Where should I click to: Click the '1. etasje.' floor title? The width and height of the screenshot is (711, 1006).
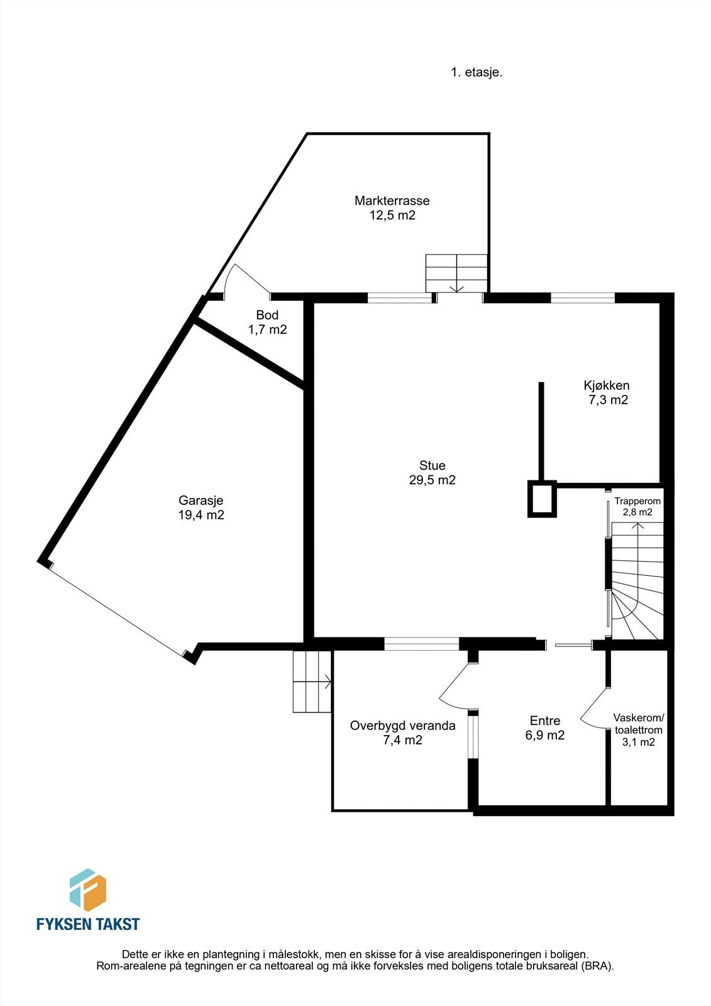(x=476, y=72)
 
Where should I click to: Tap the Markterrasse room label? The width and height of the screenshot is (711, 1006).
(x=392, y=201)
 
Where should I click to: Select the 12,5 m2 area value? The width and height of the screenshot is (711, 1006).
(x=392, y=215)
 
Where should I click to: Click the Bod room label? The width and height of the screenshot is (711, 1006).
(x=267, y=315)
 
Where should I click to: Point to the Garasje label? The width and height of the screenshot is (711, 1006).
(x=201, y=500)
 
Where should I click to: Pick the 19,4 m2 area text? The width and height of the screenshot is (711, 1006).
(x=201, y=515)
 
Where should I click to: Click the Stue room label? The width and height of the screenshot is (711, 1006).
(x=432, y=465)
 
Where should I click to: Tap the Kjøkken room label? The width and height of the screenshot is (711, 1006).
(x=606, y=385)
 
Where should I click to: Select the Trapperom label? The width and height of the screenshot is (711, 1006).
(x=637, y=501)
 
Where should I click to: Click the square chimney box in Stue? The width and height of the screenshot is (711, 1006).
(x=541, y=499)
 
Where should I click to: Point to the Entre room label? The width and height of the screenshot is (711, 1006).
(x=544, y=721)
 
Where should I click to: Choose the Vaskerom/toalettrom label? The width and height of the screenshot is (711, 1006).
(x=638, y=724)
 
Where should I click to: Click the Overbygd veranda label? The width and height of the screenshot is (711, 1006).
(x=402, y=726)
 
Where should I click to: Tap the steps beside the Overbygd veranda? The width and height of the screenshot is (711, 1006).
(x=312, y=682)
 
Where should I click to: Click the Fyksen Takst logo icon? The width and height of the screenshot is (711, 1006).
(x=87, y=890)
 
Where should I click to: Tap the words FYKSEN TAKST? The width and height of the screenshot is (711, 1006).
(x=87, y=924)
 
